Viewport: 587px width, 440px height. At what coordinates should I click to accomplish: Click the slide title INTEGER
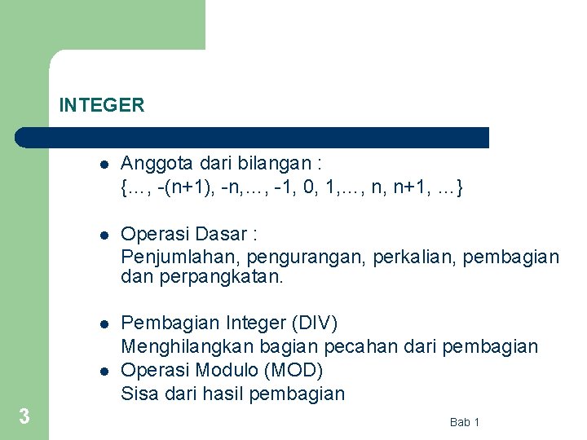pyautogui.click(x=102, y=105)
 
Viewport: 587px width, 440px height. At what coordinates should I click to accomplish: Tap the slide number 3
pyautogui.click(x=24, y=417)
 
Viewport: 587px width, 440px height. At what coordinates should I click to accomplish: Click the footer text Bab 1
pyautogui.click(x=465, y=421)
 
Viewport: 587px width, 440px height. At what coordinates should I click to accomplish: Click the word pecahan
pyautogui.click(x=358, y=346)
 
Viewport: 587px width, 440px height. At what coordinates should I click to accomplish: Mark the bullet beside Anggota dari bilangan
pyautogui.click(x=104, y=165)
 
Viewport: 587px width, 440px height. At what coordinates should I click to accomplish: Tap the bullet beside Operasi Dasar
pyautogui.click(x=104, y=235)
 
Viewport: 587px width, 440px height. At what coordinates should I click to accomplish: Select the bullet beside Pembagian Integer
pyautogui.click(x=104, y=324)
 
